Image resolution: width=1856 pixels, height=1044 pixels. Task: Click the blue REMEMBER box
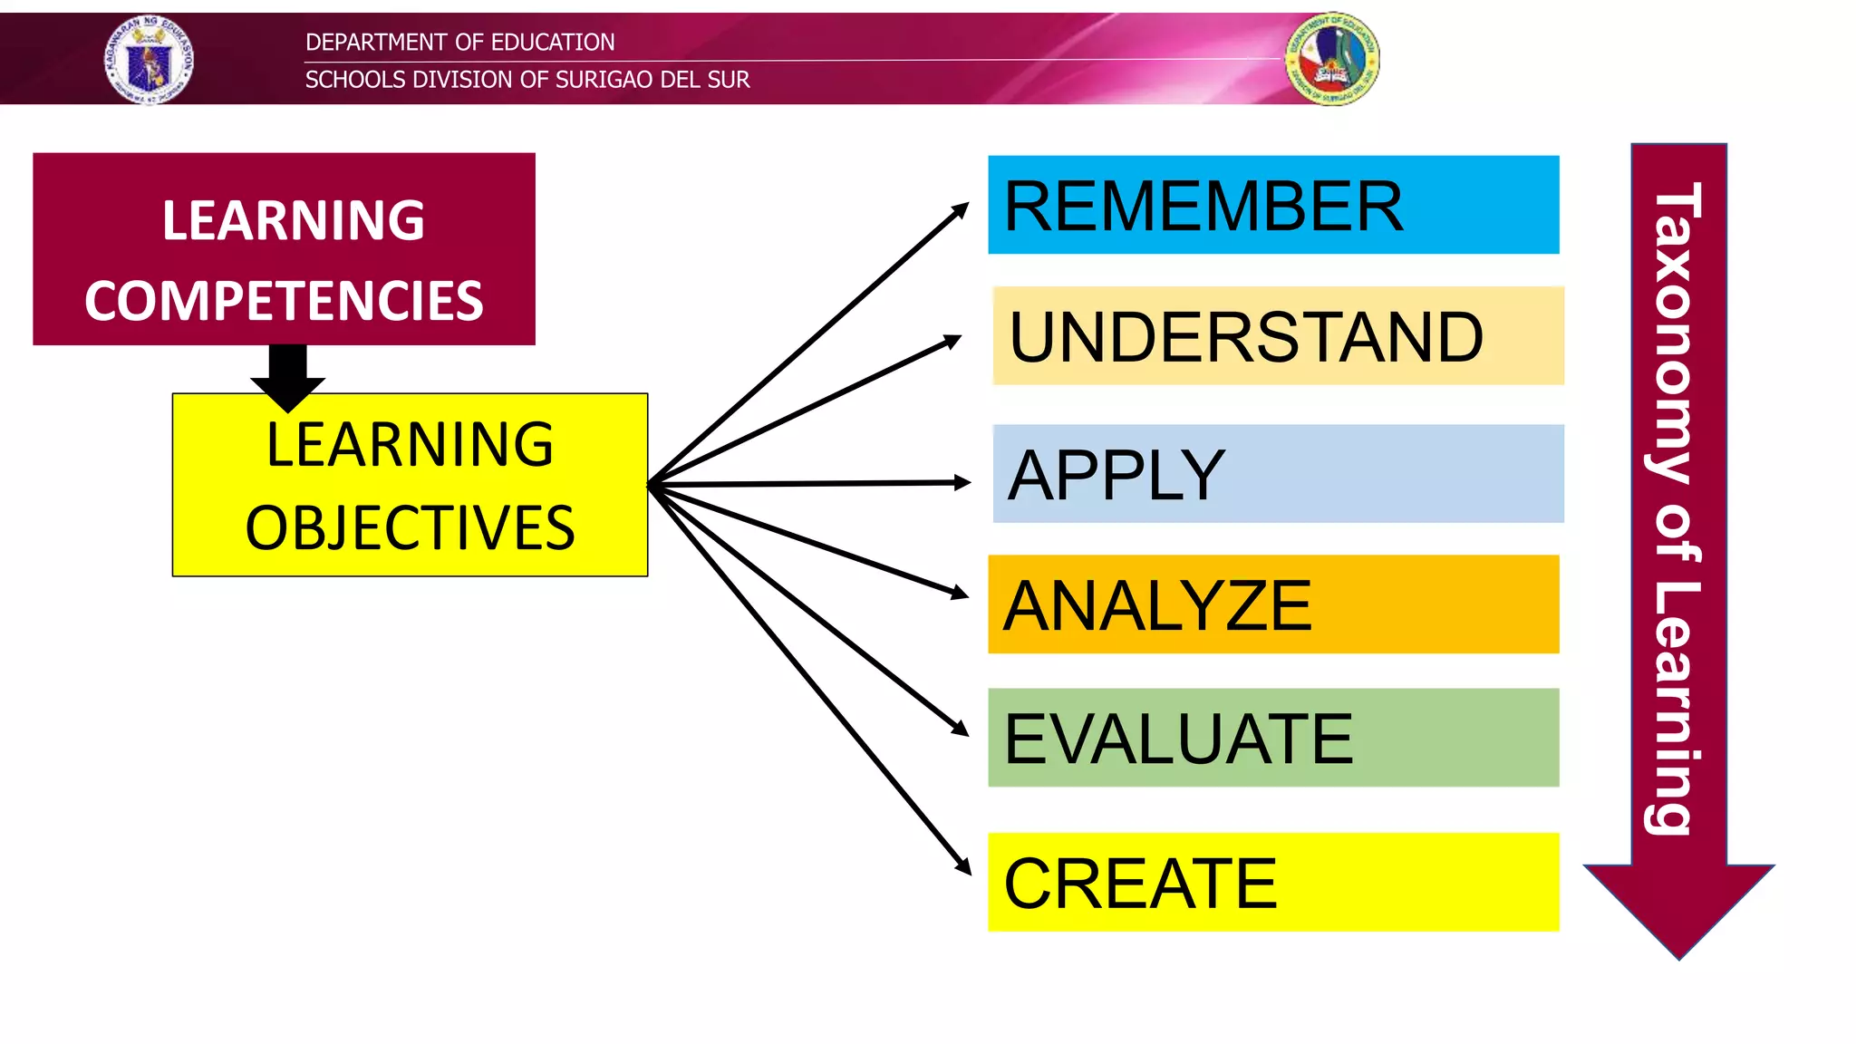coord(1272,205)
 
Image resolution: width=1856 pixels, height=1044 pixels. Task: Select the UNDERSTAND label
coord(1246,337)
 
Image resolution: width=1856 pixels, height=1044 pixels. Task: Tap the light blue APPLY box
coord(1278,474)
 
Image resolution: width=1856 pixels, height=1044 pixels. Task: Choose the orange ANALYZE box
coord(1272,604)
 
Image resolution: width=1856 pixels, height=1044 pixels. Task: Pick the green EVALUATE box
coord(1272,738)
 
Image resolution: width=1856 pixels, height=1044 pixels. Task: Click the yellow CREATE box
coord(1272,883)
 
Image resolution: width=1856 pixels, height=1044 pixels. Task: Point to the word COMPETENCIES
coord(284,301)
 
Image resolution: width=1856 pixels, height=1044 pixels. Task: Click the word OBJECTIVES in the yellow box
coord(410,528)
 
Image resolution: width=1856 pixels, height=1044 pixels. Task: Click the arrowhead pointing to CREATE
coord(963,865)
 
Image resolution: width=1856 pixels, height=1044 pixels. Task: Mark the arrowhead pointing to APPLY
coord(962,483)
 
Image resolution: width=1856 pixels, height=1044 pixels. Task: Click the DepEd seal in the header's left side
coord(149,60)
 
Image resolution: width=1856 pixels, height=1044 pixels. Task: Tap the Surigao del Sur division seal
coord(1332,60)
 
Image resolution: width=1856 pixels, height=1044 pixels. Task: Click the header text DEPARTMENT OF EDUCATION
coord(459,42)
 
